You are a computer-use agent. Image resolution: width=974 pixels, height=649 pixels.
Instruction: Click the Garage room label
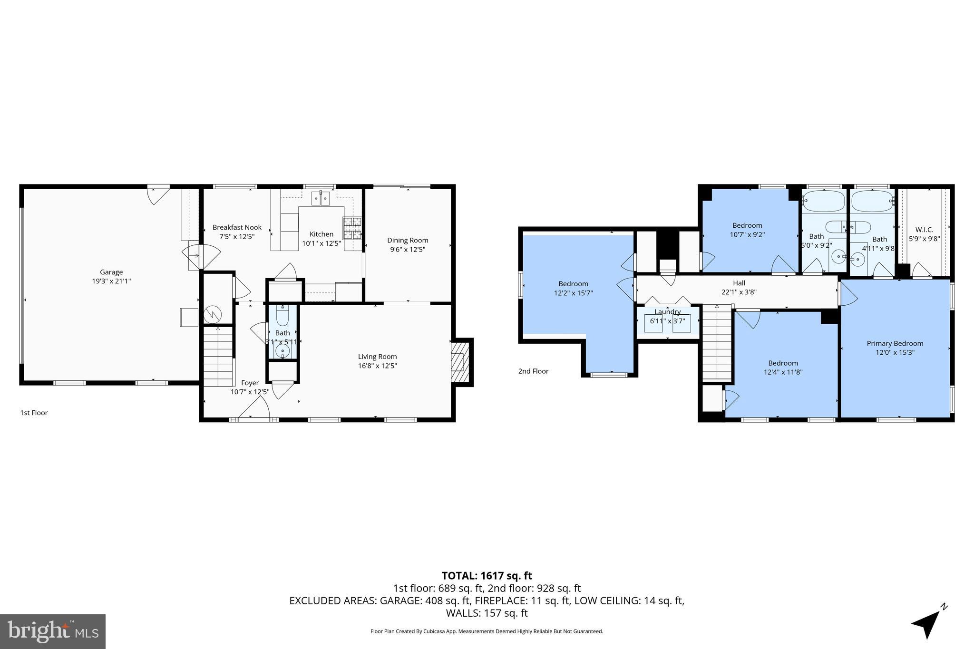tap(111, 272)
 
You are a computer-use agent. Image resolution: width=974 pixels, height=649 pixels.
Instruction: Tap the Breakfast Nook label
tap(237, 227)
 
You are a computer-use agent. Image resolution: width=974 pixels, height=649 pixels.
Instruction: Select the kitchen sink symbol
tap(321, 198)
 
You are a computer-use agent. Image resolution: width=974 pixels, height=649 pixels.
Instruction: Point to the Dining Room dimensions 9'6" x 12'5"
tap(408, 249)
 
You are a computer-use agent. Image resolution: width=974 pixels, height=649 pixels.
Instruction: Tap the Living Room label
tap(377, 357)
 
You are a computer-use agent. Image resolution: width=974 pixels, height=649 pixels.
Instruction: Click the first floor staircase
tap(218, 357)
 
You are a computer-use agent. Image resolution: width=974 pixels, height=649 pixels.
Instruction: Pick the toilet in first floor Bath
tap(282, 316)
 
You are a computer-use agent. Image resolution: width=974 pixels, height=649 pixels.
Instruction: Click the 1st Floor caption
tap(34, 413)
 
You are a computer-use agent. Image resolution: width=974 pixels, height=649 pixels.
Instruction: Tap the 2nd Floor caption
tap(533, 371)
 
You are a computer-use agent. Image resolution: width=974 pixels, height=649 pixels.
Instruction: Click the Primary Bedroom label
tap(895, 343)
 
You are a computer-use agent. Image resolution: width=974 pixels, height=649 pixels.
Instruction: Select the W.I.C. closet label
tap(924, 230)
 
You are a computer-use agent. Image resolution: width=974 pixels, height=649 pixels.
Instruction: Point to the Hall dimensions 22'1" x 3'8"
tap(739, 292)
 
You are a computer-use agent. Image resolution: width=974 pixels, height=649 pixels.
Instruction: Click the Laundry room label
tap(667, 312)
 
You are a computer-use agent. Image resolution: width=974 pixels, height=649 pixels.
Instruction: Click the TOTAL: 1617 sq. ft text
tap(487, 576)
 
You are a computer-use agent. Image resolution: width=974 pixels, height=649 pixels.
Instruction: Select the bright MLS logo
tap(53, 631)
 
